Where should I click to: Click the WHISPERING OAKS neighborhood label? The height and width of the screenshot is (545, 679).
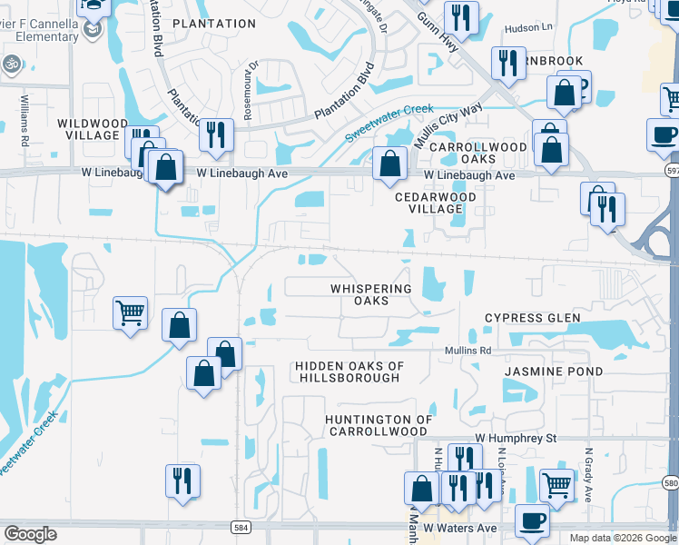click(371, 294)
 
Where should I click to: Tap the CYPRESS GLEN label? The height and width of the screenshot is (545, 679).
click(532, 318)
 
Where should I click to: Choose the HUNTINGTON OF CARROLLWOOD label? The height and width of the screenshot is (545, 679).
click(379, 425)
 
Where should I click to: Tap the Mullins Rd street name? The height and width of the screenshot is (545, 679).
click(467, 351)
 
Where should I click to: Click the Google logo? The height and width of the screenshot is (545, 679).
click(30, 534)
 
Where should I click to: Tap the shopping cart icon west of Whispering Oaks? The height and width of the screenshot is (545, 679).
click(130, 313)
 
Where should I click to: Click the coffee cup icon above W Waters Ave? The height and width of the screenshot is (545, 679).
click(532, 520)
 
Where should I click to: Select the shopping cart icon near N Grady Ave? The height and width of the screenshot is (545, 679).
click(556, 484)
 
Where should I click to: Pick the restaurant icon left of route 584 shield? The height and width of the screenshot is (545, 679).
click(182, 481)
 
